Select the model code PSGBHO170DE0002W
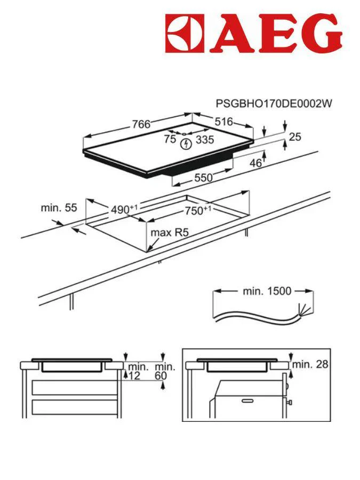pos(273,103)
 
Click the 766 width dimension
pos(141,124)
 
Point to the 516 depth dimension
pos(223,122)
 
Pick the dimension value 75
pos(170,140)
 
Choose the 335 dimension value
pos(204,140)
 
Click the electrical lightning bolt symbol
pos(186,144)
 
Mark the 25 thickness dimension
pos(294,137)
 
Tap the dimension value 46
pos(256,163)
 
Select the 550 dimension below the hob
pos(203,178)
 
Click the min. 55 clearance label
pos(59,207)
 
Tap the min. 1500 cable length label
pos(267,291)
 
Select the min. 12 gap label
pos(138,371)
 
